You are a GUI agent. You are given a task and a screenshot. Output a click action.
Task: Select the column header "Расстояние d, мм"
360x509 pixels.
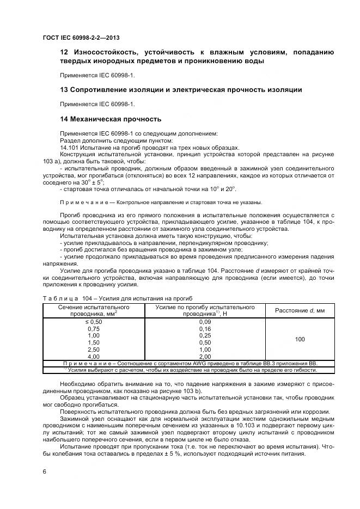300,310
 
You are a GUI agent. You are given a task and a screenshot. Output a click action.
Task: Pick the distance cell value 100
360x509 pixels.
300,339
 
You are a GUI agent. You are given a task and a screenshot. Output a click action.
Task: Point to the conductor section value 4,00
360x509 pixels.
94,356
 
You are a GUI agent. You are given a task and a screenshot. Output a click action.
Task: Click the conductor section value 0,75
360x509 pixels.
94,329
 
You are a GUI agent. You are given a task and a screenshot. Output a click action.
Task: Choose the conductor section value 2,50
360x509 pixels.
94,349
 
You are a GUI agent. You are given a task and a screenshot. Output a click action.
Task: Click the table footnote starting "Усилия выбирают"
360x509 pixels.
191,370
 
